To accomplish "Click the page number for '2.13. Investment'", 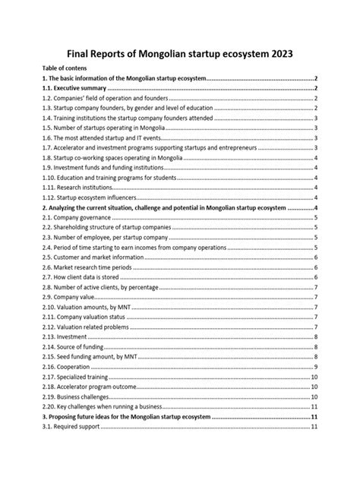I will pyautogui.click(x=315, y=335).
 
